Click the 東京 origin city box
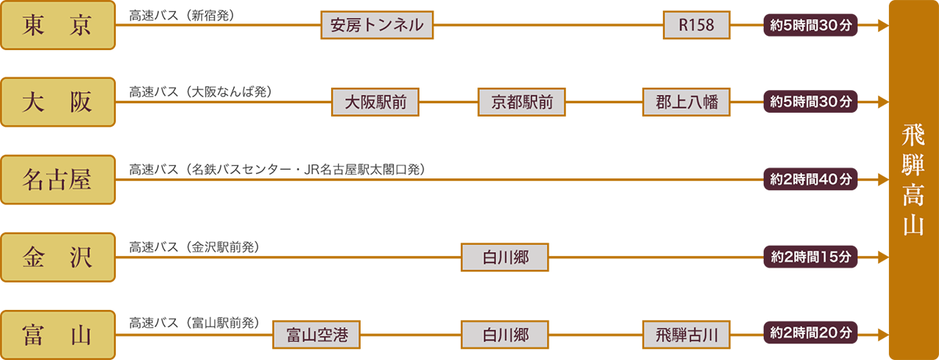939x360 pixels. point(59,26)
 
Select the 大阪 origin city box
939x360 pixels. point(59,102)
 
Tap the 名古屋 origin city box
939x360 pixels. point(59,179)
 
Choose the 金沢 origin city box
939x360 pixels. point(59,256)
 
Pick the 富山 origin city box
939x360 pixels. point(59,335)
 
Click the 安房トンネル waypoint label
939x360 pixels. point(377,26)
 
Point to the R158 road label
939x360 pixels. point(696,26)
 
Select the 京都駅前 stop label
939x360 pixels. point(522,102)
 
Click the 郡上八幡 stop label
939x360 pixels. point(686,102)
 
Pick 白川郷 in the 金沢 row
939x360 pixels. point(505,257)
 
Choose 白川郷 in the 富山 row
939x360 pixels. point(505,335)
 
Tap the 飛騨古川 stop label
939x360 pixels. point(686,335)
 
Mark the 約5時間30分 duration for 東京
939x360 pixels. point(811,25)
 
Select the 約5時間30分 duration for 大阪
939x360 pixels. point(811,102)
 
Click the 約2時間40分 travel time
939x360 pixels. point(811,179)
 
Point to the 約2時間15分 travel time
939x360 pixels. point(811,256)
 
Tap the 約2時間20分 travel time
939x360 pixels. point(811,333)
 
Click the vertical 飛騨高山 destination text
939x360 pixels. point(907,180)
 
